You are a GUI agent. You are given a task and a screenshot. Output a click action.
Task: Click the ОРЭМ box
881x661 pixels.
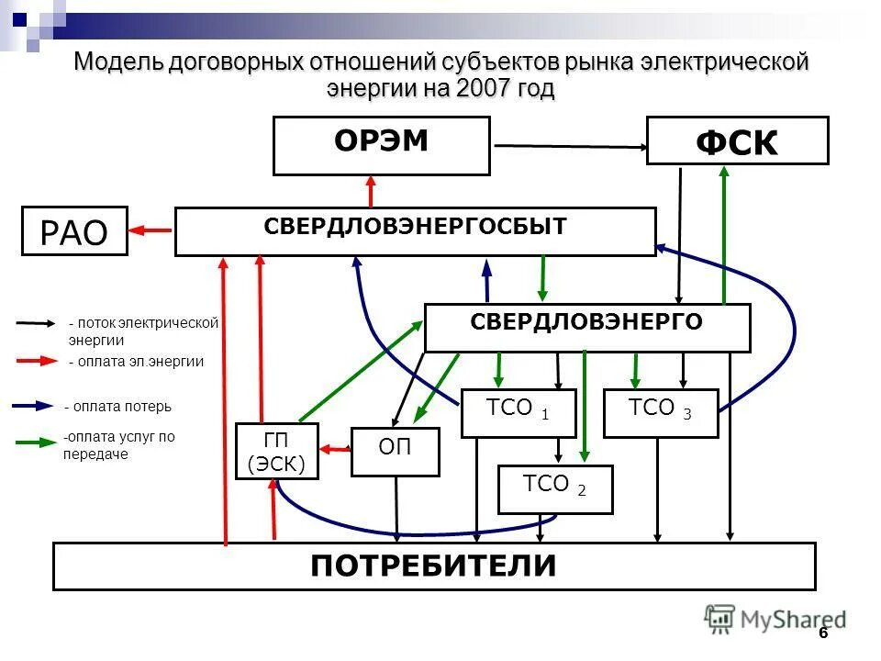click(381, 145)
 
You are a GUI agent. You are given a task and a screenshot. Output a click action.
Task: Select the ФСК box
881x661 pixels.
click(737, 140)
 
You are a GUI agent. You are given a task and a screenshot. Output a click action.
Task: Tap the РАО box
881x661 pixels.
click(74, 230)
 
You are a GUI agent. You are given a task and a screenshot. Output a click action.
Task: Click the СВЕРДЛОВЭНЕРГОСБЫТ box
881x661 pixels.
click(415, 231)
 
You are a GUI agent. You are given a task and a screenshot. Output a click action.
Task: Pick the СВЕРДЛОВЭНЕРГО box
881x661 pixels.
click(586, 327)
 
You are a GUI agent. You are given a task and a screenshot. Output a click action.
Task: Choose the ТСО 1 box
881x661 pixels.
click(518, 413)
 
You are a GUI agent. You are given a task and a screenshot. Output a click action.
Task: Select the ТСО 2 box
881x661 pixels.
click(554, 489)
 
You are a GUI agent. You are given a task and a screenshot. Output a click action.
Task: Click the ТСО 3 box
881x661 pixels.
click(660, 413)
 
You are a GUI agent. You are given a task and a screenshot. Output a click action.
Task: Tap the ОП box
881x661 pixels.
click(395, 452)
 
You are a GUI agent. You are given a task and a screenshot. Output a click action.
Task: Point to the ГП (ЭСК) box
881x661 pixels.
click(276, 451)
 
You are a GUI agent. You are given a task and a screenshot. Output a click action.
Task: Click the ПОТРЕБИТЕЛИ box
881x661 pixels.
click(433, 566)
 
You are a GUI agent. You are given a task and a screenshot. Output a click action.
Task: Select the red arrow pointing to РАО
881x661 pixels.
click(151, 230)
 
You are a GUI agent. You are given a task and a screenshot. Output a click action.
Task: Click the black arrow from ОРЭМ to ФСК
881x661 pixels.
click(569, 146)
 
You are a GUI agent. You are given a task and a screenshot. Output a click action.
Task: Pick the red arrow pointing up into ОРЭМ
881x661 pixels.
click(371, 191)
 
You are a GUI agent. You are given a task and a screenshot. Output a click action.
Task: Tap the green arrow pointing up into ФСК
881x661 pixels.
click(724, 234)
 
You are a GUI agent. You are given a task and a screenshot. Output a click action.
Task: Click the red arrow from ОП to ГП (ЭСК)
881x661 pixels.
click(335, 448)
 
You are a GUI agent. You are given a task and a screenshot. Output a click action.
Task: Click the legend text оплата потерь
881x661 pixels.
click(117, 407)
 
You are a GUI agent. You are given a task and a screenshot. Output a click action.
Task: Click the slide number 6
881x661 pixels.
click(823, 633)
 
